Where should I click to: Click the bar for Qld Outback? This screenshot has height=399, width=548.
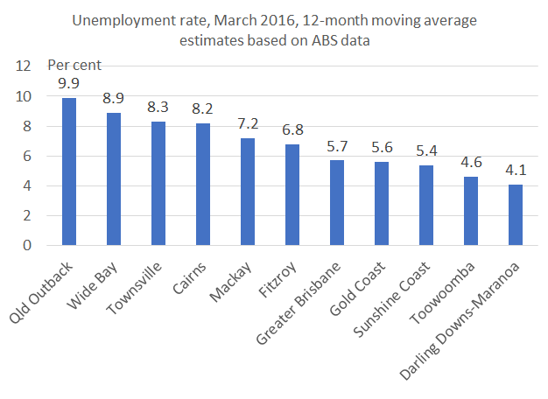point(69,171)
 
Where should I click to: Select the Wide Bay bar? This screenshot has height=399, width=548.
point(114,179)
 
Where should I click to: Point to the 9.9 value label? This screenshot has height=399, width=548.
point(70,84)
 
